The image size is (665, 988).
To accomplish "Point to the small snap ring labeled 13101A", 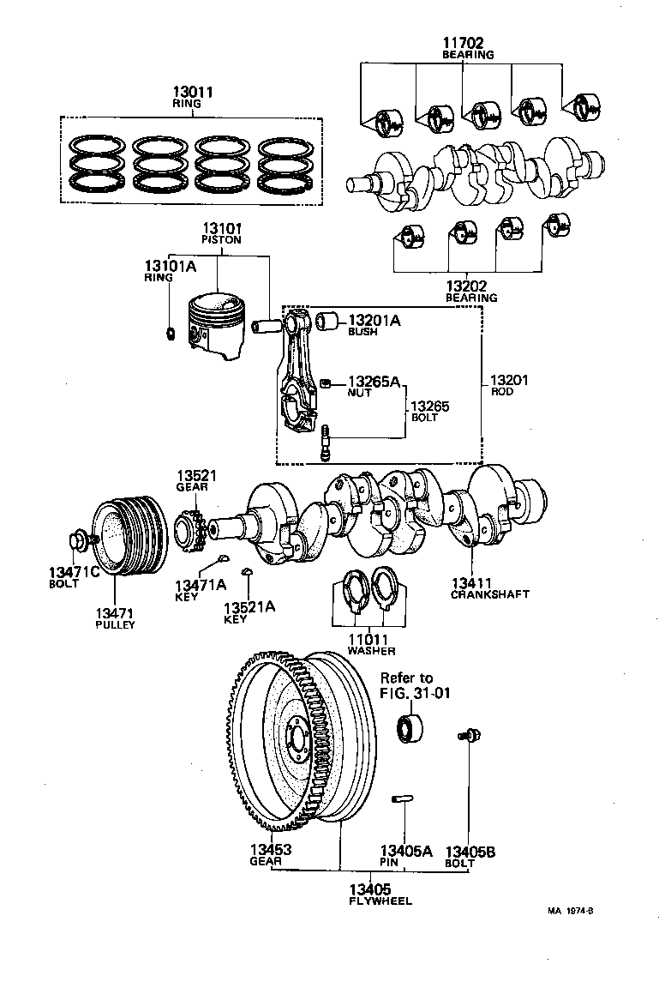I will [170, 333].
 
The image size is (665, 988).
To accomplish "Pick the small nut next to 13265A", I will [326, 383].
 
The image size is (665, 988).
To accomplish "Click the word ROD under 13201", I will [503, 391].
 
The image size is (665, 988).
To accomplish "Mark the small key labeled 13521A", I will [247, 570].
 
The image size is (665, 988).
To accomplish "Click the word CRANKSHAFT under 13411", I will [489, 593].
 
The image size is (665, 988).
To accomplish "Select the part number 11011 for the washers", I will [367, 639].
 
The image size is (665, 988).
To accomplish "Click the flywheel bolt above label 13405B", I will [470, 735].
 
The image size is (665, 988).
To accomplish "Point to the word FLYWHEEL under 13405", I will [380, 901].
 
